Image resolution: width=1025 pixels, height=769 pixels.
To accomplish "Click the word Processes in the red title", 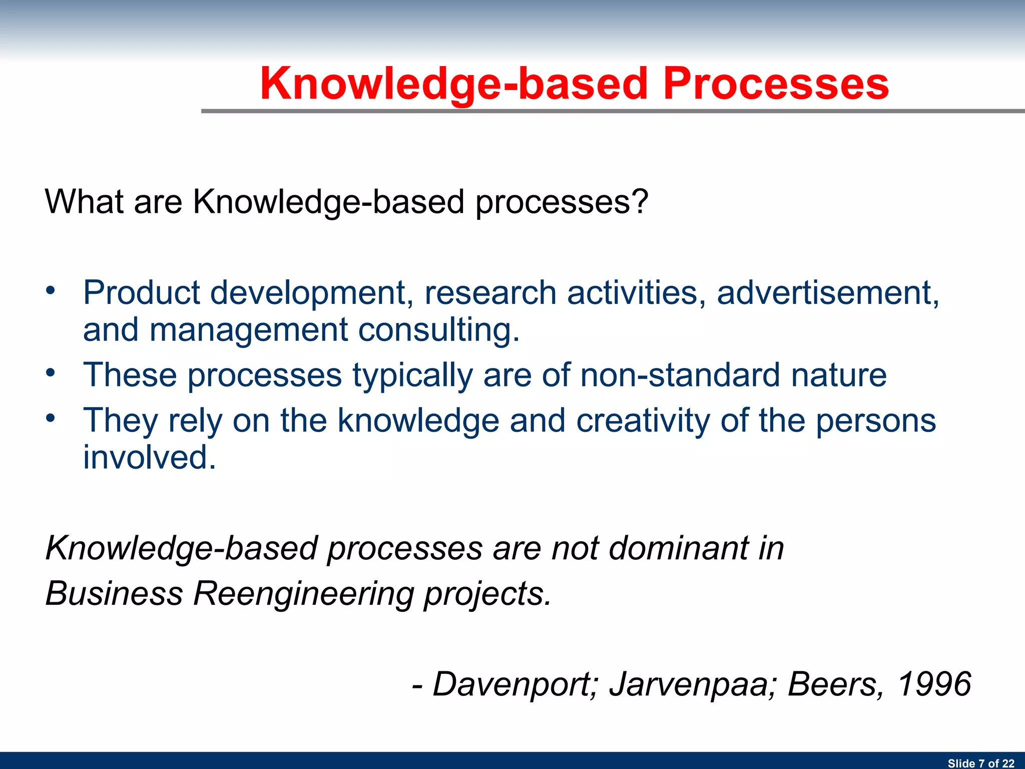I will (776, 84).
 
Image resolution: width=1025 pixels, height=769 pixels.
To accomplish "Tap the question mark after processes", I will (639, 201).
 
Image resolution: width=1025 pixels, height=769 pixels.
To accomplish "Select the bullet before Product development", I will (50, 290).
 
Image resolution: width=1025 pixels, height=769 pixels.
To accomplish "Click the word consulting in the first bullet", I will (438, 330).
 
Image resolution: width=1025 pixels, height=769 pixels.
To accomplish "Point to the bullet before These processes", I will (50, 373).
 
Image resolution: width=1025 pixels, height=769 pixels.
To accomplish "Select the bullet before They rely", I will (50, 418).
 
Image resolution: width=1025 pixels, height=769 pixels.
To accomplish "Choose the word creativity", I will (643, 421).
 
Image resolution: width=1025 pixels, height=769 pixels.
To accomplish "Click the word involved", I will (149, 458).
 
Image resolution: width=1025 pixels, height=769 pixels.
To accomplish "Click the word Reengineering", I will (303, 594).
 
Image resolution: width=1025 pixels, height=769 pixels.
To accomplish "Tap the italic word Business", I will (114, 594).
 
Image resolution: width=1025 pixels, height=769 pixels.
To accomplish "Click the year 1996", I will (934, 684).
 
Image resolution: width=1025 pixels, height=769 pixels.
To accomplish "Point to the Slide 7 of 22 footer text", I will (980, 763).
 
